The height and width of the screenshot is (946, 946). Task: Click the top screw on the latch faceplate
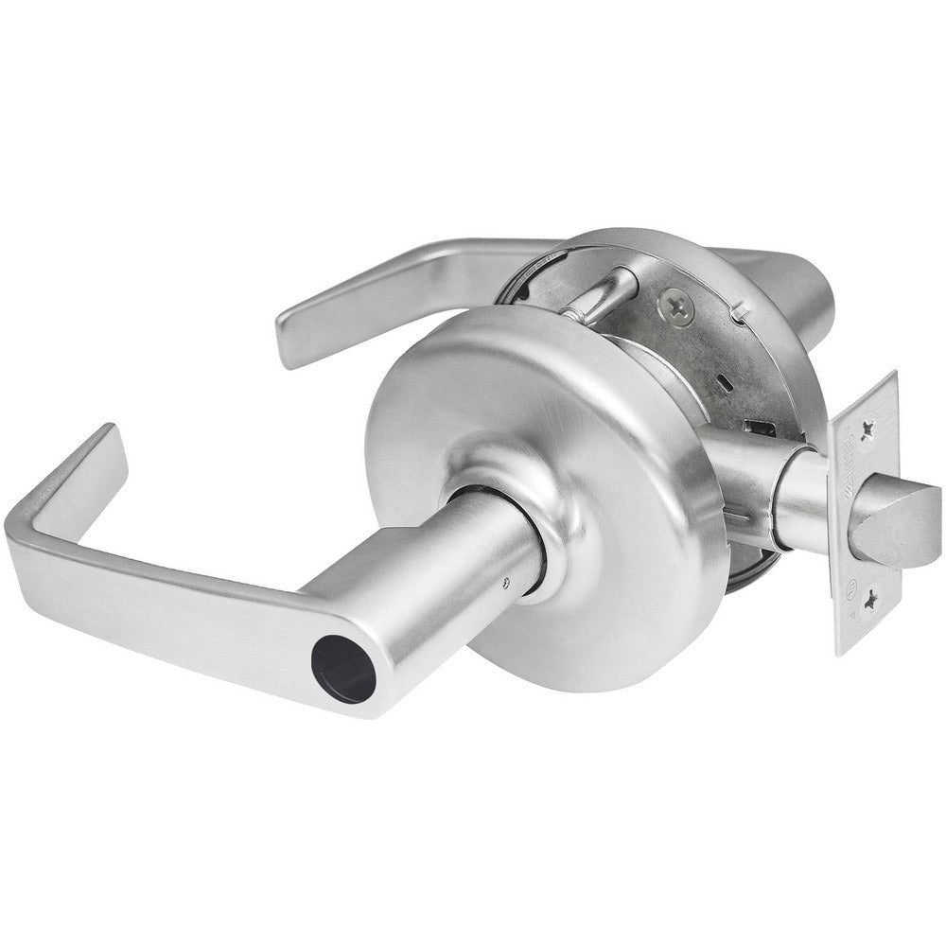867,428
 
